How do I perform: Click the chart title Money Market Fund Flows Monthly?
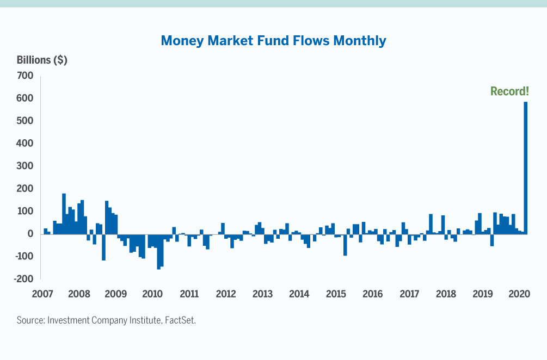[x=273, y=41]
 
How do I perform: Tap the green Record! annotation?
[x=509, y=91]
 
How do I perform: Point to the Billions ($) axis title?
[x=42, y=60]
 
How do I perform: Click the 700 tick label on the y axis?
[x=24, y=76]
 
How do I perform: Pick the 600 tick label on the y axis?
[x=24, y=98]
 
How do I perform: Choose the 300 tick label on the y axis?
[x=24, y=166]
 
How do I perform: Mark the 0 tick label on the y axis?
[x=30, y=234]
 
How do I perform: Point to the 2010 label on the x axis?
[x=152, y=294]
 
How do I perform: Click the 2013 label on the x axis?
[x=262, y=294]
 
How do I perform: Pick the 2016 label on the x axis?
[x=372, y=294]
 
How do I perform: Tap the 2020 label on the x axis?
[x=519, y=294]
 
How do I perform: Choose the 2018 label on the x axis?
[x=446, y=294]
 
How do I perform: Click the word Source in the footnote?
[x=30, y=320]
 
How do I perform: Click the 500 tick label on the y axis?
[x=24, y=121]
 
